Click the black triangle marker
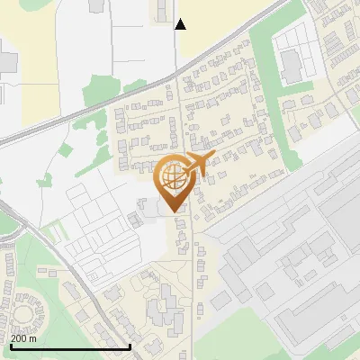click(x=180, y=23)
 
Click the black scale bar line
click(x=70, y=346)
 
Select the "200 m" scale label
click(x=23, y=338)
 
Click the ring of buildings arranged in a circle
click(x=24, y=316)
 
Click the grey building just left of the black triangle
click(x=162, y=10)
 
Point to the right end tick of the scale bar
click(x=130, y=346)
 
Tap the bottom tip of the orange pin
click(x=175, y=211)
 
